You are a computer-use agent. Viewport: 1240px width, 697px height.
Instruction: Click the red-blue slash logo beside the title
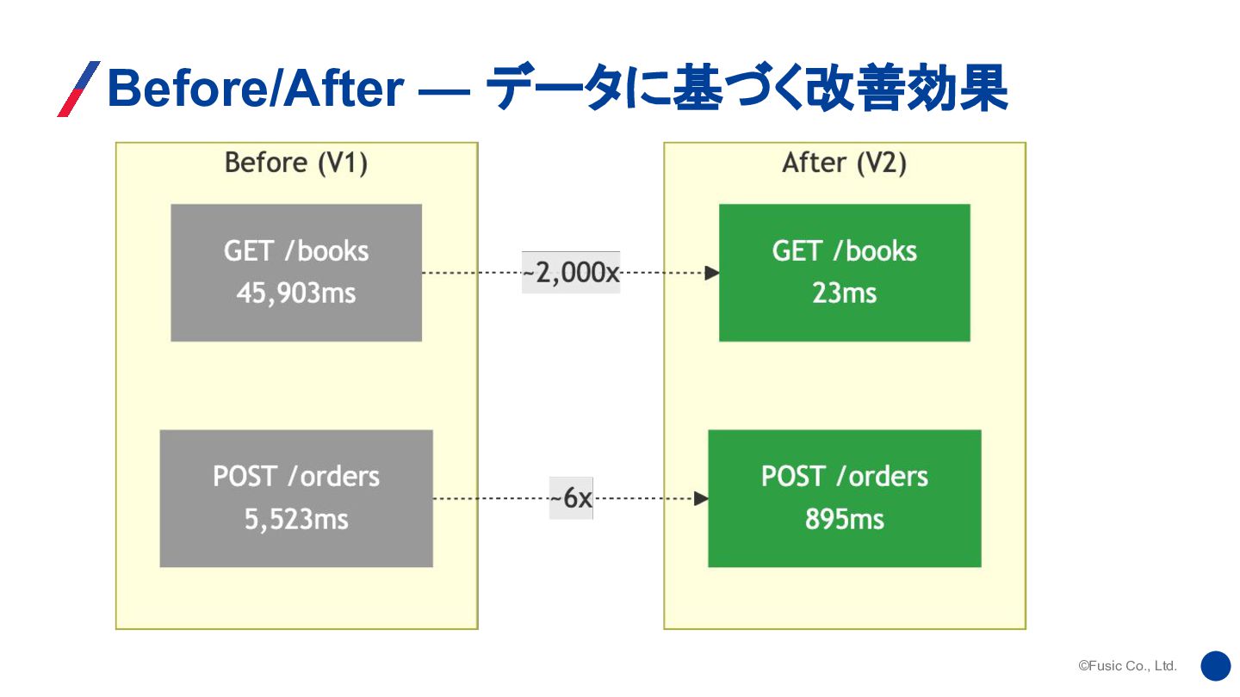(78, 89)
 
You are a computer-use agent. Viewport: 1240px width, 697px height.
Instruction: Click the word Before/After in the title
(256, 89)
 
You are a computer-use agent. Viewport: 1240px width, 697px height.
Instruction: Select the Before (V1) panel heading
(296, 163)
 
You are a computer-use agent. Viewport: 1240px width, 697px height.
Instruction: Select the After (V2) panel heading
(844, 163)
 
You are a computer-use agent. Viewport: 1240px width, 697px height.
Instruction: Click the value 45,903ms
(296, 293)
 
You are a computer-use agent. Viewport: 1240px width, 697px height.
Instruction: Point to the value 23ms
(844, 293)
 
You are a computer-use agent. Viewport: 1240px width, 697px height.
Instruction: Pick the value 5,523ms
(296, 520)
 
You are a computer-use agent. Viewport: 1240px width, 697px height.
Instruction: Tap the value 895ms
(844, 520)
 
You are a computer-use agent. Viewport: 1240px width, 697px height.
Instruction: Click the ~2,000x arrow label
(570, 273)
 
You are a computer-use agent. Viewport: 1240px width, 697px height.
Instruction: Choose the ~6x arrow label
(571, 498)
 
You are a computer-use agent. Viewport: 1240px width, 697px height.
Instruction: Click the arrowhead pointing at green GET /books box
(712, 273)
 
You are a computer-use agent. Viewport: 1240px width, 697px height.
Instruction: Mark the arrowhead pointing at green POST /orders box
(701, 498)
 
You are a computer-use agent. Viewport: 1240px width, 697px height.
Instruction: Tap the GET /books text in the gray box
(296, 251)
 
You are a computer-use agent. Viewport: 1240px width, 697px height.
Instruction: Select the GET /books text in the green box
(844, 251)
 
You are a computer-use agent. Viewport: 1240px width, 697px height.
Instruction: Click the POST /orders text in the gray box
(296, 477)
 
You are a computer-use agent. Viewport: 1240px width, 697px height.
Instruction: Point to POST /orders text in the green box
(844, 477)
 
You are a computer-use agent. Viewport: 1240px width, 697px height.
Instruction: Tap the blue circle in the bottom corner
(1215, 665)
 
